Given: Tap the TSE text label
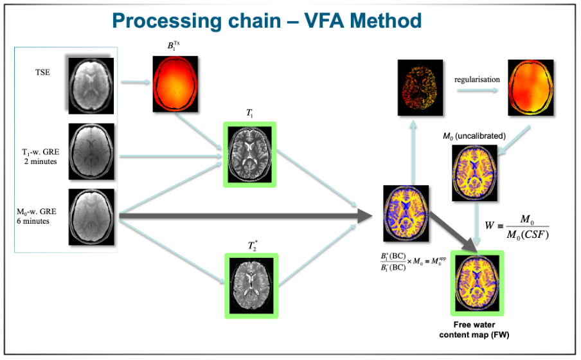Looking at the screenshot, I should pyautogui.click(x=43, y=73).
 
